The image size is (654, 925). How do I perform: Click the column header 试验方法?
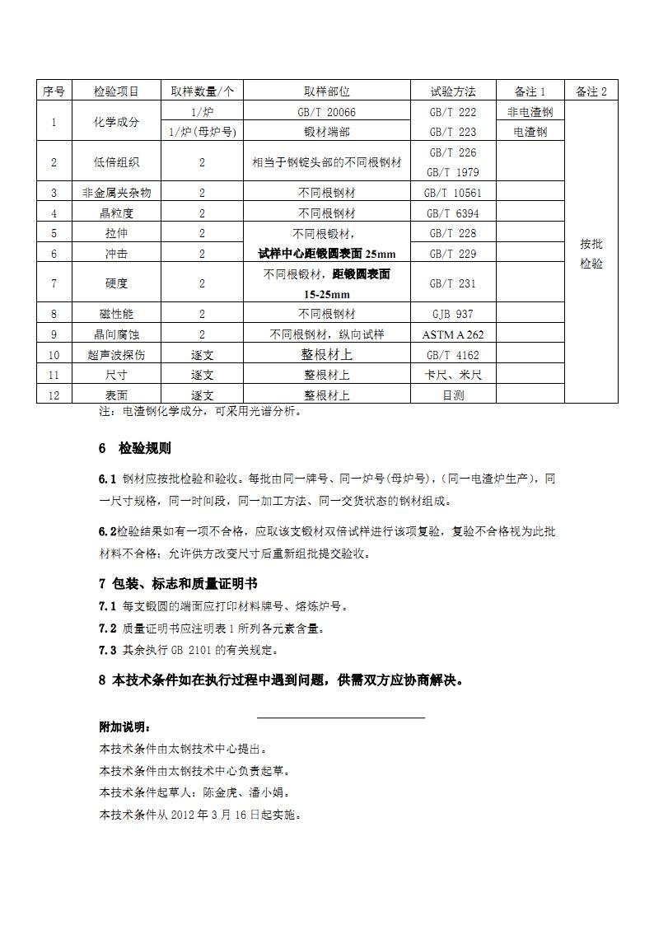[453, 91]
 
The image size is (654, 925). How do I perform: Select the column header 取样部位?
[327, 91]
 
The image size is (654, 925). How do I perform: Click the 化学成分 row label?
[116, 122]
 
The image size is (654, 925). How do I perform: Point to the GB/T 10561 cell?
[453, 193]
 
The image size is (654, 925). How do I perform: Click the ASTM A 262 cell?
[453, 334]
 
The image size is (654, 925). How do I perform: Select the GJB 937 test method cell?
[453, 314]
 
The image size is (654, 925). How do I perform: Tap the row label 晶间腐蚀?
[116, 334]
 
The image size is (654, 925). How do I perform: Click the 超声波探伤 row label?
[116, 355]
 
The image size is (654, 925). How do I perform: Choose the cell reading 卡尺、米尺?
[453, 375]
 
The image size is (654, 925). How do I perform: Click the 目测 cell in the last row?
[453, 395]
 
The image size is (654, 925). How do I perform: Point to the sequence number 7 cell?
[54, 283]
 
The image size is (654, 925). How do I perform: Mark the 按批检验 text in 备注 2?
[591, 254]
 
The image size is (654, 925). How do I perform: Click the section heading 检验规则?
[145, 449]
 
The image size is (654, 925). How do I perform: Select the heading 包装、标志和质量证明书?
[185, 584]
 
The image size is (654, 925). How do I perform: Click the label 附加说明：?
[124, 728]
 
